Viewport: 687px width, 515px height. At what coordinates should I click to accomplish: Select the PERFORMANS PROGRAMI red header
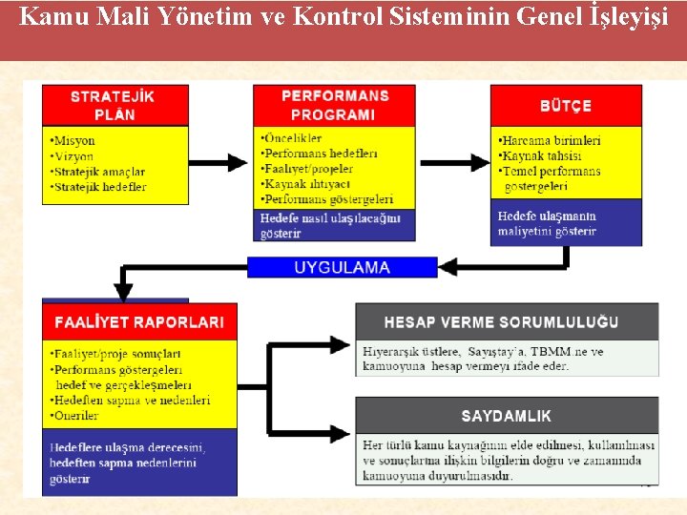[334, 105]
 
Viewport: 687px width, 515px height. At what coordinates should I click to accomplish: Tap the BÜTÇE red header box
[566, 105]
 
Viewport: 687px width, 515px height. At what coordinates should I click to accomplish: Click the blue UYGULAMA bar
[343, 267]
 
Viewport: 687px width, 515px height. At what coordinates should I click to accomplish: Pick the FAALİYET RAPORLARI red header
[139, 321]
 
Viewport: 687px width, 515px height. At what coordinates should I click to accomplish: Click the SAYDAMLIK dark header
[507, 416]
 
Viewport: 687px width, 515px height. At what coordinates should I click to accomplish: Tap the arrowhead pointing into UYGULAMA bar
[449, 267]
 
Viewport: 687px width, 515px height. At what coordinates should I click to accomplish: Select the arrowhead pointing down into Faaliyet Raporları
[124, 291]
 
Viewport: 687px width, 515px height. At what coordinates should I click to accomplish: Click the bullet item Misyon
[73, 141]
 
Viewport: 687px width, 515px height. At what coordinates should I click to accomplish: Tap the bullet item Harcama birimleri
[551, 141]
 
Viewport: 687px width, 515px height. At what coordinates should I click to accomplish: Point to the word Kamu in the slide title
[46, 16]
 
